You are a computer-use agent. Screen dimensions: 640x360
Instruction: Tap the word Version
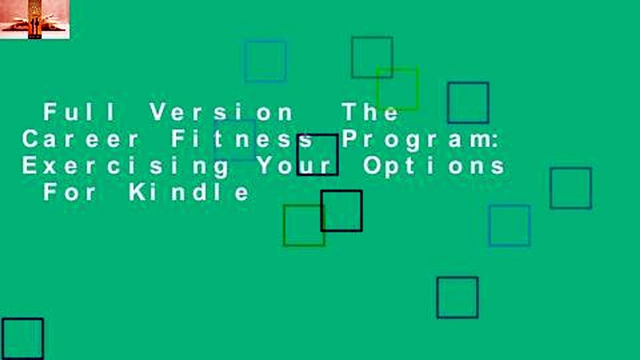pos(221,112)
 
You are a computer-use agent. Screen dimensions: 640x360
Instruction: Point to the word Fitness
pos(242,139)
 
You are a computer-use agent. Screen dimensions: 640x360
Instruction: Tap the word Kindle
pos(189,192)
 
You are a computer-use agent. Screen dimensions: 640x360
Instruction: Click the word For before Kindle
pos(69,192)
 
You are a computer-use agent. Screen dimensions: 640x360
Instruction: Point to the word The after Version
pos(371,112)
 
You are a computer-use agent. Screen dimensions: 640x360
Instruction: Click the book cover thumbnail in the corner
pos(35,19)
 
